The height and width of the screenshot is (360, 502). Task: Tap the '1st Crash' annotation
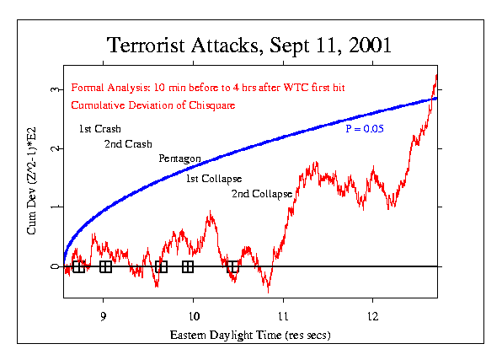click(99, 129)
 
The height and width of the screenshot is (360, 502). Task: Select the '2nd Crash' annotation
click(127, 144)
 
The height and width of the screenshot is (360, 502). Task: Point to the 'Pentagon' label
click(179, 159)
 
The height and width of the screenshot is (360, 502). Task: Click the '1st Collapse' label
click(214, 179)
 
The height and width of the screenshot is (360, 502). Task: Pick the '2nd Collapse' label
click(261, 194)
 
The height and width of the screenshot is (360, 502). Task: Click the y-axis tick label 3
click(55, 89)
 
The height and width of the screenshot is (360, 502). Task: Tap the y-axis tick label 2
click(55, 148)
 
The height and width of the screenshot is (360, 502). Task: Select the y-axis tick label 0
click(55, 266)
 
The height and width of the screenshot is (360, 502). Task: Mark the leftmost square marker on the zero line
click(78, 266)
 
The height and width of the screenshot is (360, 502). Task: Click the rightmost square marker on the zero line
click(232, 266)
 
